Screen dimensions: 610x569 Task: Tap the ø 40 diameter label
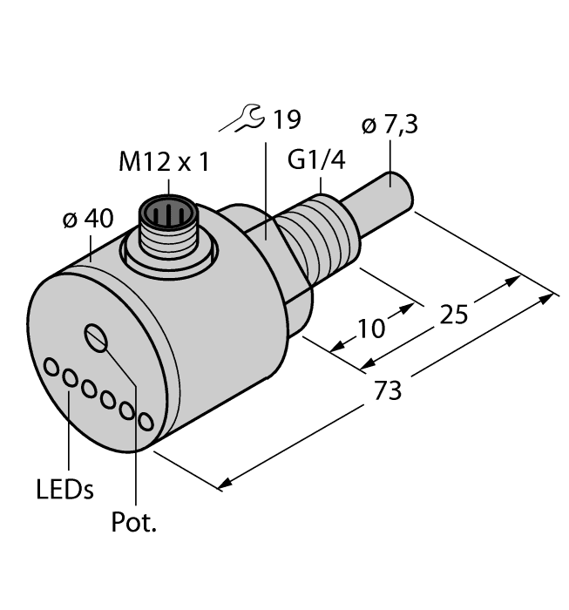pyautogui.click(x=87, y=219)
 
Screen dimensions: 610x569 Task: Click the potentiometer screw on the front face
pyautogui.click(x=97, y=335)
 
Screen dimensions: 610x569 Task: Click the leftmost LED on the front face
pyautogui.click(x=51, y=367)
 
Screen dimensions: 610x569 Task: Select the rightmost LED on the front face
pyautogui.click(x=146, y=423)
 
